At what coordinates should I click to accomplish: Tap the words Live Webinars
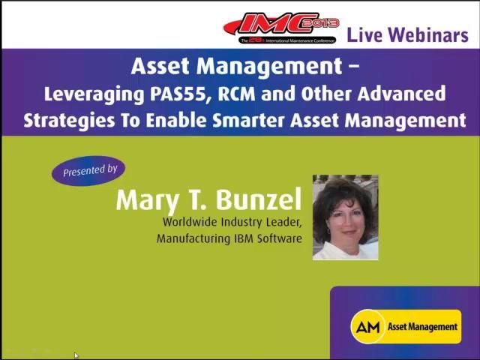pos(407,34)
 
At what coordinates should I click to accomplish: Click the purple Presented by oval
pos(89,171)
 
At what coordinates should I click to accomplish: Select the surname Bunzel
pos(259,200)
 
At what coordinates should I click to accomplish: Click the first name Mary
pos(146,200)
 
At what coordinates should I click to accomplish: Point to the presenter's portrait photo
pos(345,217)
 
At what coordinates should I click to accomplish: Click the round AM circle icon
pos(367,327)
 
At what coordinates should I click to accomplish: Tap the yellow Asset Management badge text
pos(422,327)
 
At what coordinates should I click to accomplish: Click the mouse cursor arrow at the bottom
pos(76,355)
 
